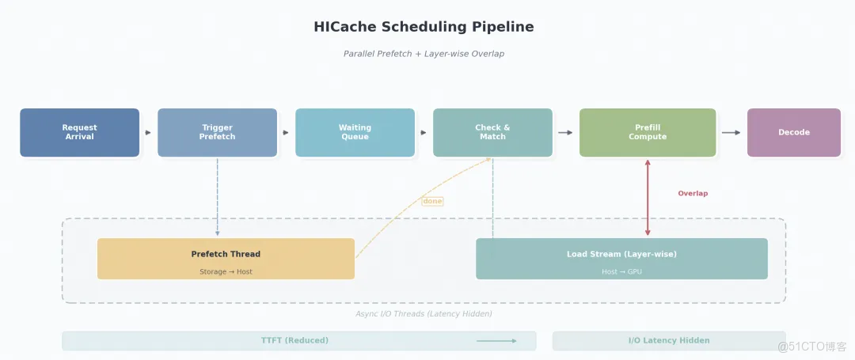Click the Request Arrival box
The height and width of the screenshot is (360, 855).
tap(79, 132)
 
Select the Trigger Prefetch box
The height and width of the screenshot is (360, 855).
tap(217, 132)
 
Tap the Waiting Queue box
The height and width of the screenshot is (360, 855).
tap(355, 132)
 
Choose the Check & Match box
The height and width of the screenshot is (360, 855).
tap(492, 132)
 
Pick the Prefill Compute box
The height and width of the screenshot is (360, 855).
tap(648, 132)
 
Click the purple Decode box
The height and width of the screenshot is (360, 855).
tap(793, 132)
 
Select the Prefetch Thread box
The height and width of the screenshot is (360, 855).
tap(226, 258)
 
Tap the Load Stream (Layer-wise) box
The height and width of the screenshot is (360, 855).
tap(621, 258)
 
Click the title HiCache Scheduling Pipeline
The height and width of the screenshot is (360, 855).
tap(424, 27)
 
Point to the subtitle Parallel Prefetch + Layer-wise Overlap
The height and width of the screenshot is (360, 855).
tap(424, 54)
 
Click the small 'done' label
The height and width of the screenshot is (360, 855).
tap(432, 201)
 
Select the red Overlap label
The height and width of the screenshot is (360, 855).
tap(693, 193)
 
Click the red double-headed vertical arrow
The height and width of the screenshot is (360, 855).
tap(648, 198)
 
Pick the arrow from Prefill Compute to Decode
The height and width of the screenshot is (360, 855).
tap(731, 132)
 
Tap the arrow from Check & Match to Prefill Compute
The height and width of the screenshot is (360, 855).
tap(565, 132)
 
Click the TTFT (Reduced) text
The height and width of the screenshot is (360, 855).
tap(294, 340)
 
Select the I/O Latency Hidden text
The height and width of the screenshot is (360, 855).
tap(669, 340)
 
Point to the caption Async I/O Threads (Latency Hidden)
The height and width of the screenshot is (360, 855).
tap(424, 314)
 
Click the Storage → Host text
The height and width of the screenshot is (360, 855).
tap(226, 272)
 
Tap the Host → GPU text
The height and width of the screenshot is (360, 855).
tap(621, 272)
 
